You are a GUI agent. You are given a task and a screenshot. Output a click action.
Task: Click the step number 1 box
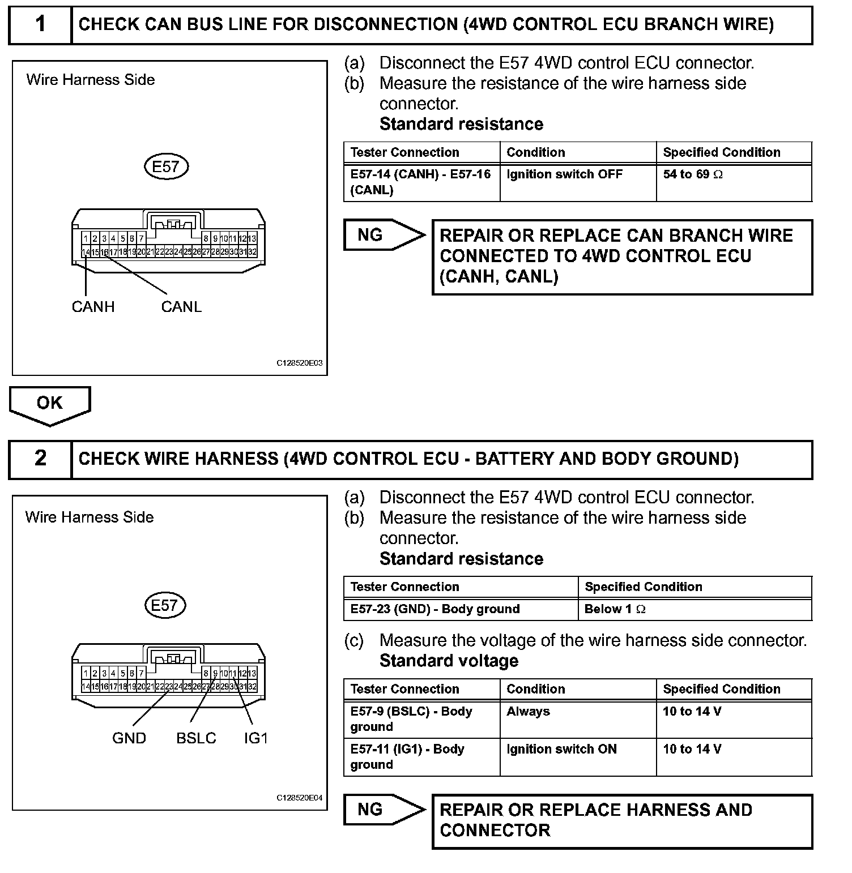pos(41,24)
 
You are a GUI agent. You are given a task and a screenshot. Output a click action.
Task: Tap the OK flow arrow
pos(50,404)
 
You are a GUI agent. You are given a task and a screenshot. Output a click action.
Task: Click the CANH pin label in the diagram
pos(93,307)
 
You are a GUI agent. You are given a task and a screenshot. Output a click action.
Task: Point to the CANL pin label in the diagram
pos(181,307)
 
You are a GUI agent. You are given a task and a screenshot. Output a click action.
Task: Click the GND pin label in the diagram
pos(129,738)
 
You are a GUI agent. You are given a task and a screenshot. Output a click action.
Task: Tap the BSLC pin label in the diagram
pos(196,738)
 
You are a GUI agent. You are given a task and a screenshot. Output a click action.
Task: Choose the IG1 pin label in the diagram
pos(255,738)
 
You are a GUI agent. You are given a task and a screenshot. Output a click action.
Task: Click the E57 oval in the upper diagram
pos(165,167)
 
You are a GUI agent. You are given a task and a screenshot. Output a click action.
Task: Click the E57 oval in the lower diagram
pos(164,605)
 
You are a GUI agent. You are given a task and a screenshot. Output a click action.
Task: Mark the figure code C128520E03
pos(299,363)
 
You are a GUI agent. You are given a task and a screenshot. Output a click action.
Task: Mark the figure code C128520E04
pos(299,798)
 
